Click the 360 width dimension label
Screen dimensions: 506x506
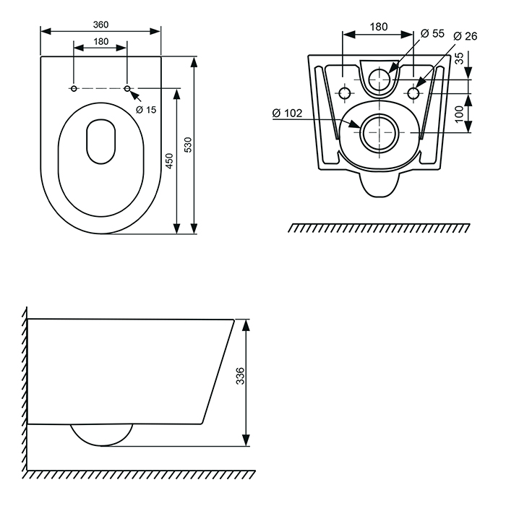[100, 24]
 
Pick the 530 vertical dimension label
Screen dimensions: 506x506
[189, 145]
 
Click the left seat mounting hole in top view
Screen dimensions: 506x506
[74, 88]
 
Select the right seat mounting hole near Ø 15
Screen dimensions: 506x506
[128, 88]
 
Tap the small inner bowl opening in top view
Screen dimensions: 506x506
[101, 140]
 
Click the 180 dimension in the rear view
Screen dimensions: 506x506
[379, 27]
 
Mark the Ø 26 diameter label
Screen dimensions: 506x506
[466, 36]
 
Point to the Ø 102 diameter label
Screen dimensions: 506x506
[287, 113]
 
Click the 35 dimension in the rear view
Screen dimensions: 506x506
[460, 59]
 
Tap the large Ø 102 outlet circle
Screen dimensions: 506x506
[379, 133]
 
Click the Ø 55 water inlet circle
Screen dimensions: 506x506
[379, 78]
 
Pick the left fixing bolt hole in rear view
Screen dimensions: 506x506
[345, 94]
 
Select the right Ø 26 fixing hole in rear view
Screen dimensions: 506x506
[414, 94]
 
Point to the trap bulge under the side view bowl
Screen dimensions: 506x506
[102, 434]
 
